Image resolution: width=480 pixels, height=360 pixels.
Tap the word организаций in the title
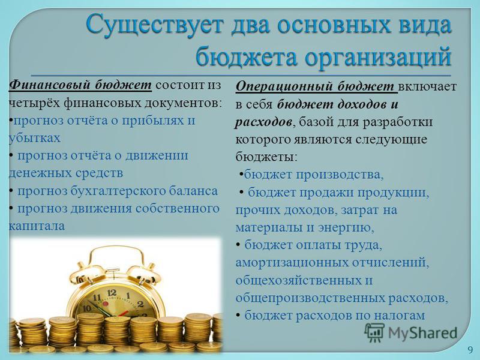[378, 56]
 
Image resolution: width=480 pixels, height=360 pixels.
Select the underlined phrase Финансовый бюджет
[80, 85]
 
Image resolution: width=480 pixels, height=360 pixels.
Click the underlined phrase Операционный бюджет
[316, 87]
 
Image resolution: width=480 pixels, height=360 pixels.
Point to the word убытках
[35, 138]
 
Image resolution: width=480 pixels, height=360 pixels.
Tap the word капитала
[37, 226]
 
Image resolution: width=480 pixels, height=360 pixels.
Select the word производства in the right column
[340, 175]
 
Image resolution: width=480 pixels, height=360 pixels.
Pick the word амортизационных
[292, 263]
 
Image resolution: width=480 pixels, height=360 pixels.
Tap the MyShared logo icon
[374, 333]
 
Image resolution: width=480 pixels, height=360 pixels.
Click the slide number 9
[470, 350]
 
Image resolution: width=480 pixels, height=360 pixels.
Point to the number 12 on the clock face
[112, 293]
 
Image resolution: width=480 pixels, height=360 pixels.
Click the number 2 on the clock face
[140, 304]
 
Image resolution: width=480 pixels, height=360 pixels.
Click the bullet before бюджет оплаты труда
[238, 245]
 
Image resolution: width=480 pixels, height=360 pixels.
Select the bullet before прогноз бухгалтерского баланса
[11, 191]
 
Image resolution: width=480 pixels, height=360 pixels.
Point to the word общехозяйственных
[296, 280]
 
